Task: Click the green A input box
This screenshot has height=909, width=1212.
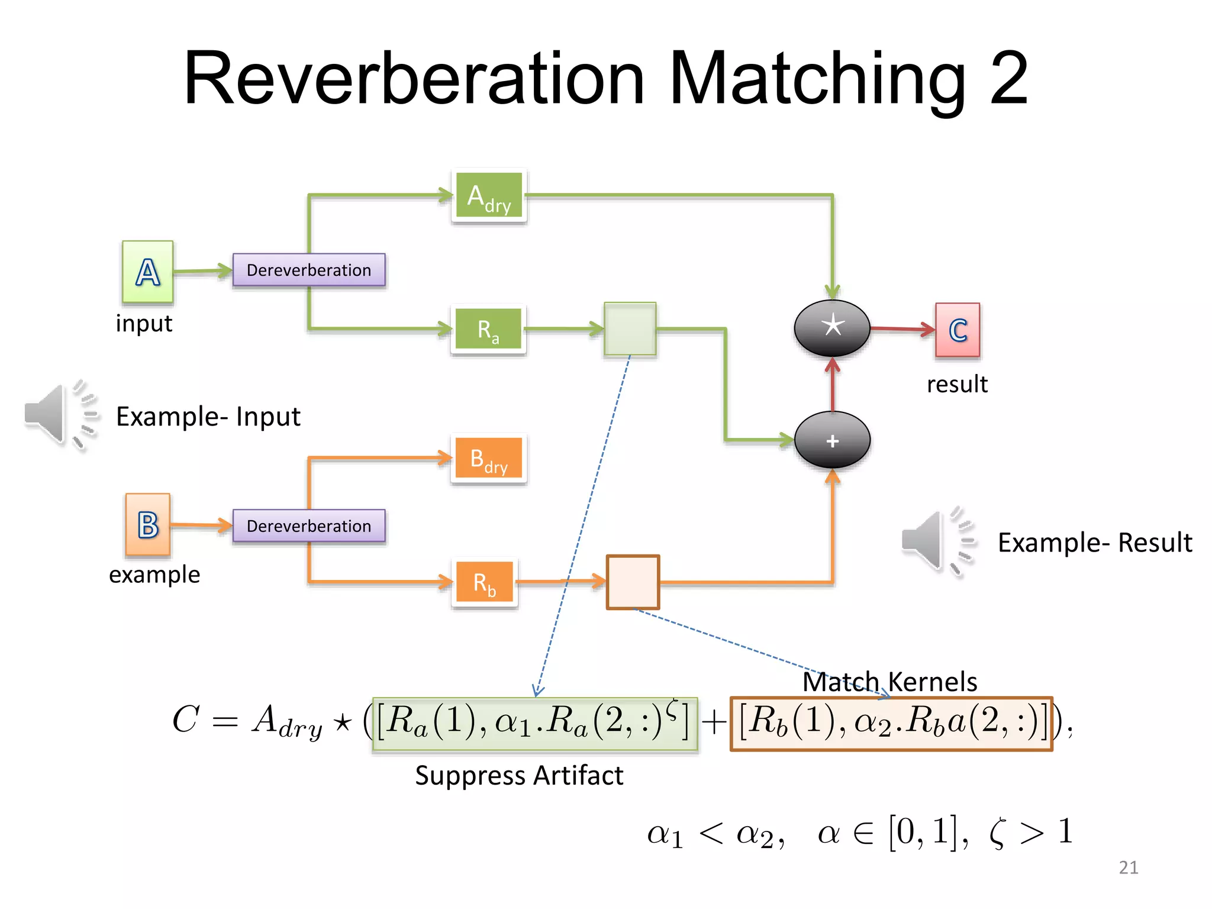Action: click(147, 272)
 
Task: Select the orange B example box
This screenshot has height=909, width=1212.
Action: click(147, 524)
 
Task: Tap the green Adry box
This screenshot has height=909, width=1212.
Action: click(489, 196)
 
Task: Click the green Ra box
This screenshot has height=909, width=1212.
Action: click(488, 329)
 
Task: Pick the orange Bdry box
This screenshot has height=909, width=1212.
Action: click(489, 459)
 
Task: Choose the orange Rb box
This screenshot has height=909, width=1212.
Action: click(485, 582)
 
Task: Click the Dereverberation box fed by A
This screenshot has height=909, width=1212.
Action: click(308, 270)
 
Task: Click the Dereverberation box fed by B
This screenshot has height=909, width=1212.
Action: click(308, 526)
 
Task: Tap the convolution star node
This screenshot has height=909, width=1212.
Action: click(831, 327)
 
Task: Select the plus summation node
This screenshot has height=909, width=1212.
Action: click(832, 440)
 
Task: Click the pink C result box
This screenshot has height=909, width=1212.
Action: click(957, 330)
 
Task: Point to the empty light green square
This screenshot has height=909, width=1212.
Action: click(630, 328)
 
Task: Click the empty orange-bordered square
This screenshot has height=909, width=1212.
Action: click(633, 582)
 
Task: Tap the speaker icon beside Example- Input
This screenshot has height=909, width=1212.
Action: click(59, 415)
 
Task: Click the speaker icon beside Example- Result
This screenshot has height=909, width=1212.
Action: click(937, 540)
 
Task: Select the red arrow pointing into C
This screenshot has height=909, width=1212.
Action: click(902, 328)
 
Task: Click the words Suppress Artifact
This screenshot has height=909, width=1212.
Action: click(519, 775)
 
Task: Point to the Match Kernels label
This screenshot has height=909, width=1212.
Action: click(889, 682)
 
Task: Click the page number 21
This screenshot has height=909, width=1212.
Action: click(1128, 867)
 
